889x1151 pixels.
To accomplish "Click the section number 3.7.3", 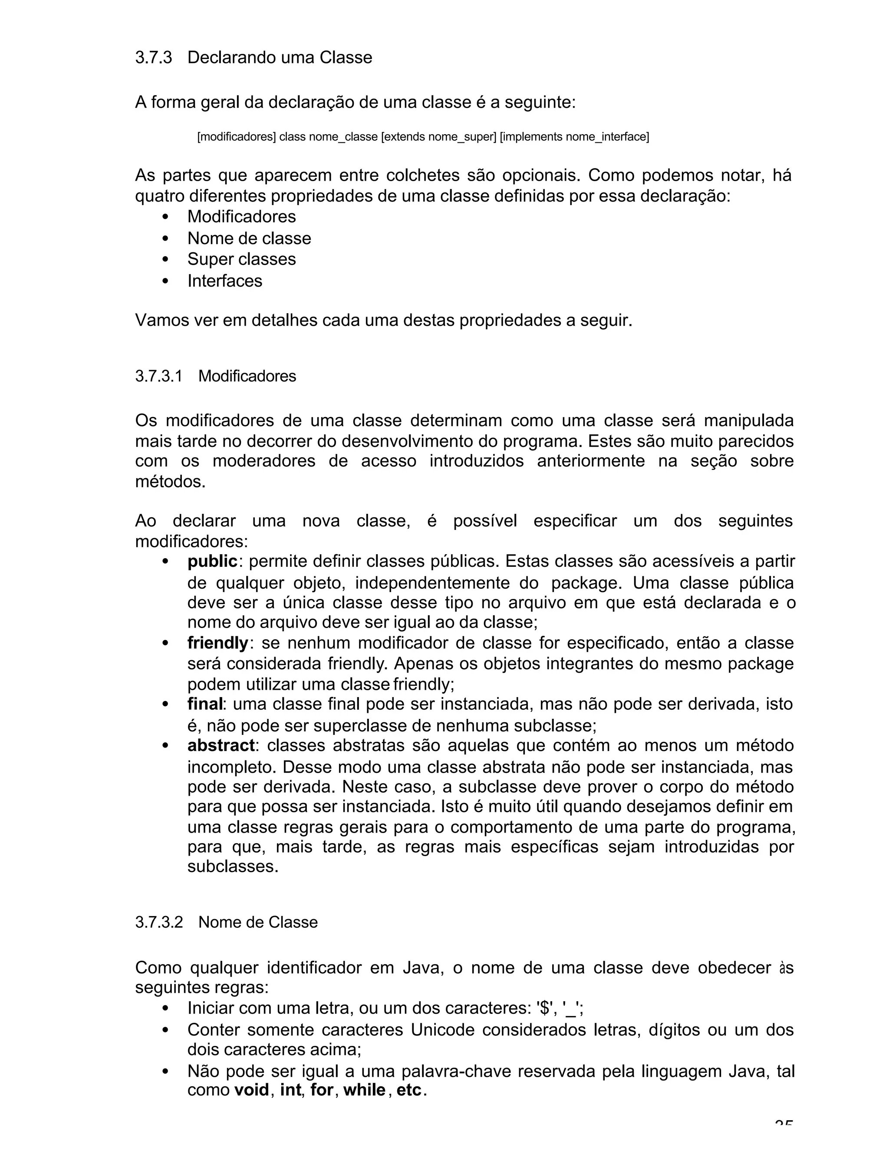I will pos(153,57).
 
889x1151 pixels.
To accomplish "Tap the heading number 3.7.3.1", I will pos(158,376).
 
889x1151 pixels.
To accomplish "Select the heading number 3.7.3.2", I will pos(158,922).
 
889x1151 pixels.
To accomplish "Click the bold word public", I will pos(212,562).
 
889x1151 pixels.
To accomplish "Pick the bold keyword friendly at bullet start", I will pos(217,643).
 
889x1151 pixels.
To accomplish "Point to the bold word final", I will pos(205,704).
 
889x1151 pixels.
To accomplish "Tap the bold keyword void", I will pos(251,1090).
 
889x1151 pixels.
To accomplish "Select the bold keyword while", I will pos(364,1090).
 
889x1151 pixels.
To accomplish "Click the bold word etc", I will pos(408,1090).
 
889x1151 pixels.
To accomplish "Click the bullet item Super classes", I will pos(241,259).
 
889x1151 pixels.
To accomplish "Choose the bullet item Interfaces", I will pos(224,281).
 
